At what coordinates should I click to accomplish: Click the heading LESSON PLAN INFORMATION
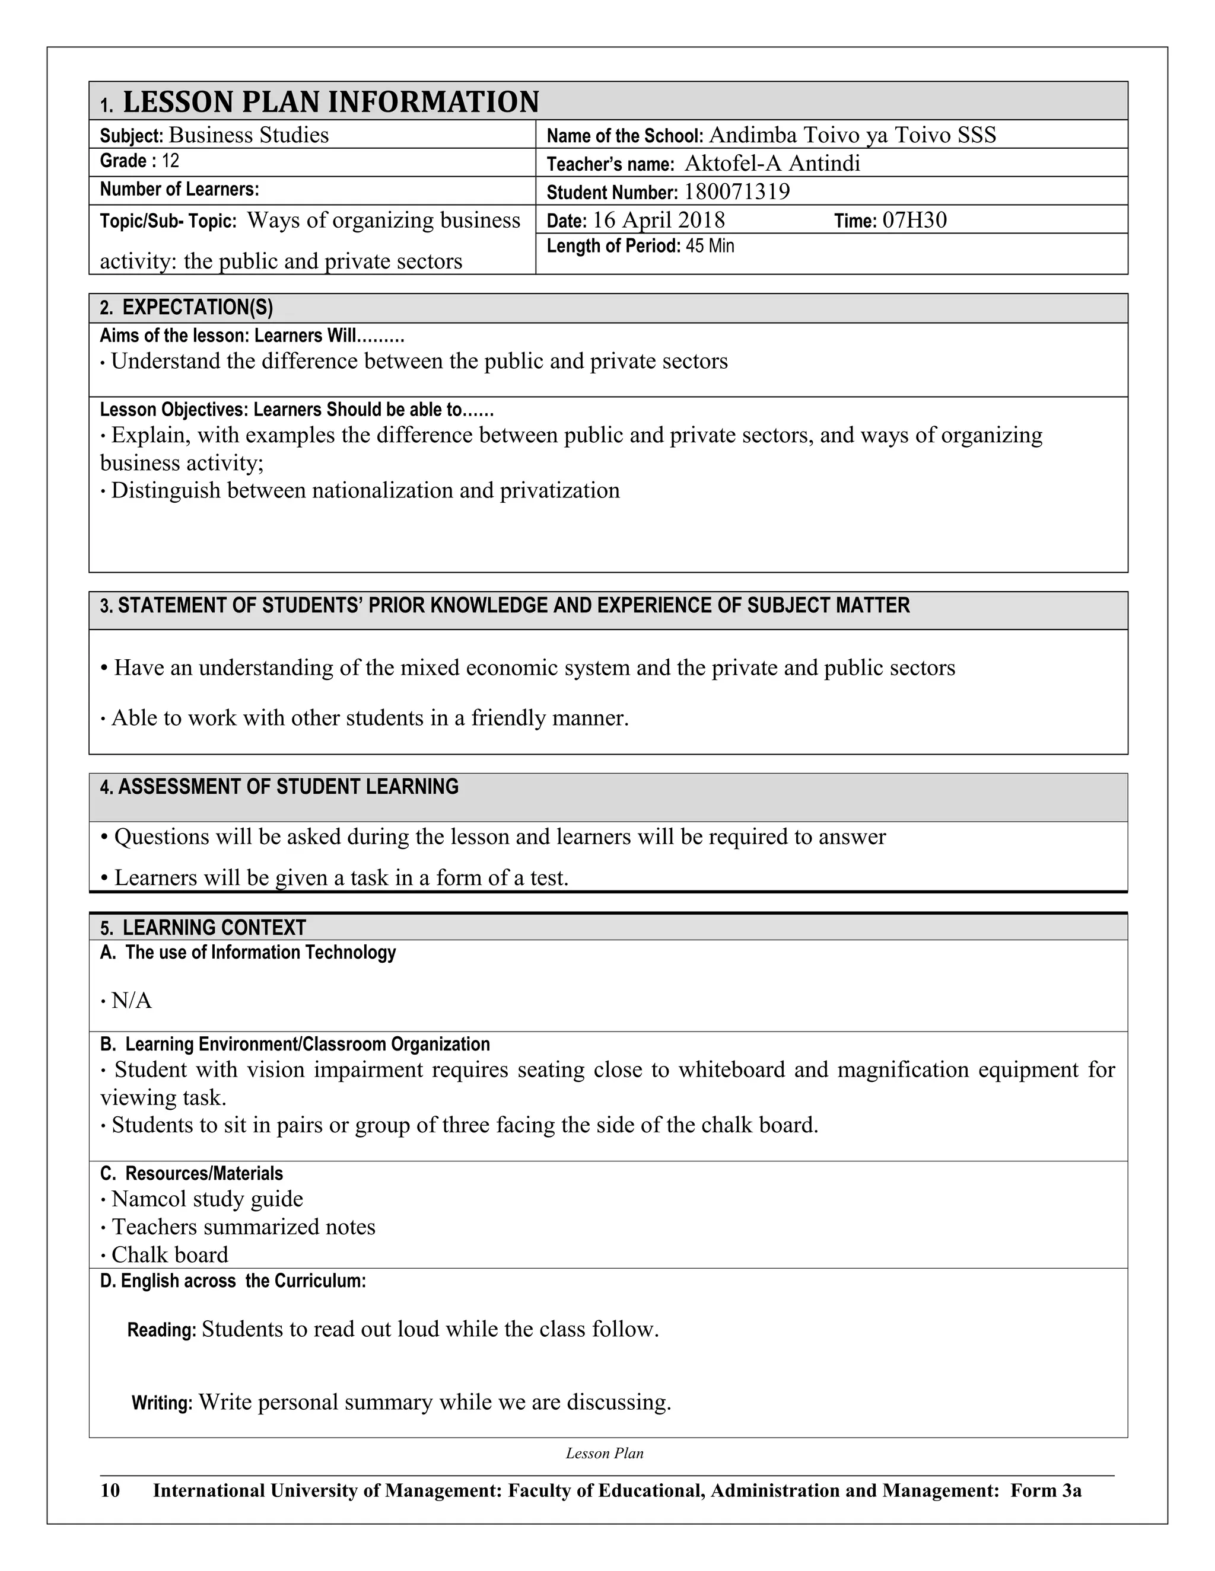pyautogui.click(x=330, y=102)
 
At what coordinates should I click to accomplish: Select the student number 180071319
pyautogui.click(x=736, y=192)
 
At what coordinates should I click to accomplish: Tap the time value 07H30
pyautogui.click(x=914, y=220)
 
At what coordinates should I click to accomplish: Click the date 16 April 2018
pyautogui.click(x=658, y=220)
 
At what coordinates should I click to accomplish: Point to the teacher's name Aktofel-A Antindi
pyautogui.click(x=772, y=164)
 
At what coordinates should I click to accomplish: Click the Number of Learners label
pyautogui.click(x=179, y=189)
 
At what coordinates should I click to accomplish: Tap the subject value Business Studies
pyautogui.click(x=249, y=135)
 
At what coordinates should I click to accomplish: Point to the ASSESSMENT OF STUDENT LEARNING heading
pyautogui.click(x=287, y=787)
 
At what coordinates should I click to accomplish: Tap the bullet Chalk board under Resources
pyautogui.click(x=170, y=1254)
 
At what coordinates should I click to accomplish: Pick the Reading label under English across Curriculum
pyautogui.click(x=161, y=1330)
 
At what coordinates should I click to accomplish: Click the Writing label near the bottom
pyautogui.click(x=162, y=1403)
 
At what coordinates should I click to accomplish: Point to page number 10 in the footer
pyautogui.click(x=110, y=1490)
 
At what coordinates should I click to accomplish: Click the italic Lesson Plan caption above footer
pyautogui.click(x=604, y=1453)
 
